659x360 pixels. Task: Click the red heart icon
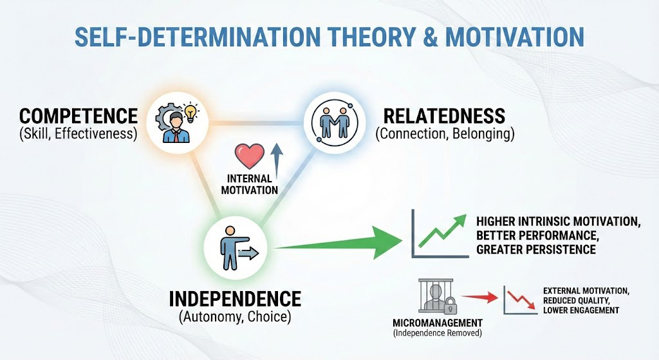[x=250, y=156]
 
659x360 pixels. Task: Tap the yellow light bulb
[x=190, y=113]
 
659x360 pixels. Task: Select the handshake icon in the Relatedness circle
[x=335, y=122]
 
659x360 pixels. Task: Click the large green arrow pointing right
[x=338, y=242]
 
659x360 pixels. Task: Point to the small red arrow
[x=479, y=298]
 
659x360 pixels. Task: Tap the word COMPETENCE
[x=79, y=116]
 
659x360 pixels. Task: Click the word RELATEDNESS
[x=444, y=116]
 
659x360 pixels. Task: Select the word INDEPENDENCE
[x=235, y=299]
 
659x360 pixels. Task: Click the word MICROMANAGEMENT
[x=438, y=323]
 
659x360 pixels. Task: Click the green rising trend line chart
[x=440, y=233]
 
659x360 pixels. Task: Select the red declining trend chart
[x=520, y=300]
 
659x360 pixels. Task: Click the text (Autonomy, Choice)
[x=235, y=317]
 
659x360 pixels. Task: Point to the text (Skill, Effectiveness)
[x=79, y=134]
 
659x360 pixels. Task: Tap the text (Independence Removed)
[x=438, y=334]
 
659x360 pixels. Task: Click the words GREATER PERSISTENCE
[x=536, y=249]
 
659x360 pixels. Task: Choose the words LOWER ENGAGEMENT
[x=581, y=310]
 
